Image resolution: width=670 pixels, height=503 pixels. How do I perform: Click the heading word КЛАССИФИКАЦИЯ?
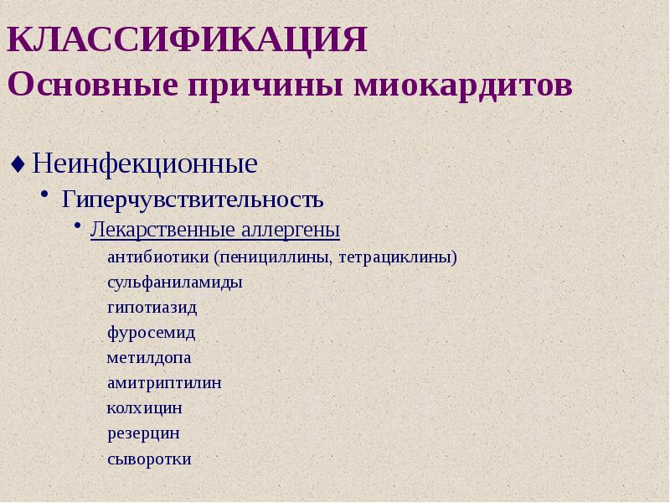(188, 40)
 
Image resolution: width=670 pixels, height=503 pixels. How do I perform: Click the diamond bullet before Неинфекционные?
(18, 163)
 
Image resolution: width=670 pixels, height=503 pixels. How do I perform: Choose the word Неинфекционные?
(144, 163)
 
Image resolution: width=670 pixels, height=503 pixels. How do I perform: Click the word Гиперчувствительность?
(193, 200)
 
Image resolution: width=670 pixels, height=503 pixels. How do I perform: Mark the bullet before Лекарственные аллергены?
(77, 226)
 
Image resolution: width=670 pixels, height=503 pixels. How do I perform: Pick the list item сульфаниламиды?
(174, 283)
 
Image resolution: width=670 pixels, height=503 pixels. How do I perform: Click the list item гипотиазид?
(152, 308)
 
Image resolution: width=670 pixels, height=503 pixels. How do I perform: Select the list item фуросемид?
(151, 333)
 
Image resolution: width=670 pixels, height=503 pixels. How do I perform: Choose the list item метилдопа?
(148, 358)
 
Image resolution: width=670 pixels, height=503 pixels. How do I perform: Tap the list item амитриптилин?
(164, 383)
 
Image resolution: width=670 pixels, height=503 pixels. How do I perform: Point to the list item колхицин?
(144, 408)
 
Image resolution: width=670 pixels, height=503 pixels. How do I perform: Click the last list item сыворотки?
(149, 459)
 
